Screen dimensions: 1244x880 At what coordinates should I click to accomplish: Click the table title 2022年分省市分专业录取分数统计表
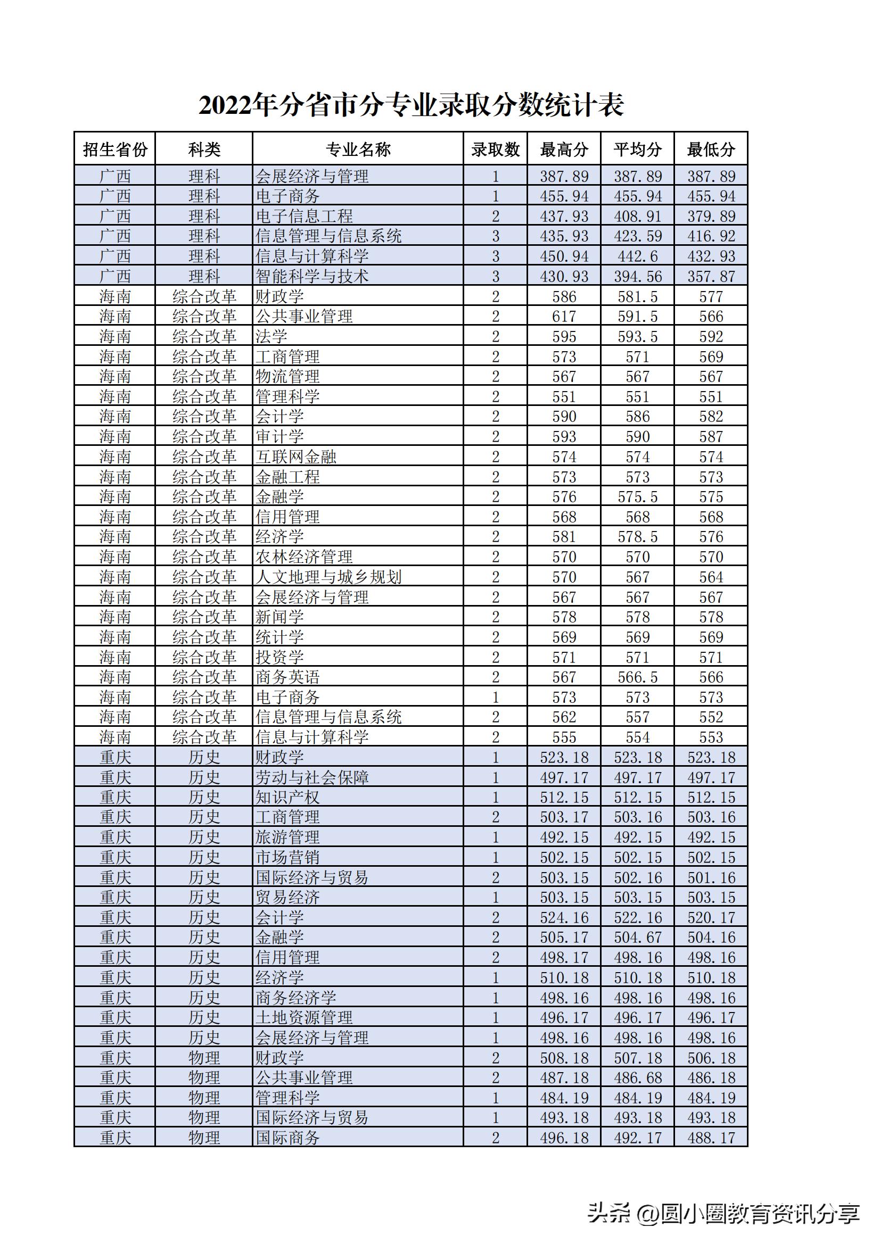pyautogui.click(x=411, y=105)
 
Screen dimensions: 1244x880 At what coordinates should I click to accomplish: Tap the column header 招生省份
pyautogui.click(x=115, y=149)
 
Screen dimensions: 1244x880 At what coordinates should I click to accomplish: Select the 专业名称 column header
pyautogui.click(x=358, y=149)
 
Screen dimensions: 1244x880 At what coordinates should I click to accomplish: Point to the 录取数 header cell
pyautogui.click(x=495, y=149)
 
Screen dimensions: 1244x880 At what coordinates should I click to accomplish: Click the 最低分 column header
pyautogui.click(x=711, y=149)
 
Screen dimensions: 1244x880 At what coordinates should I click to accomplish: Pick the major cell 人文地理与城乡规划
pyautogui.click(x=328, y=577)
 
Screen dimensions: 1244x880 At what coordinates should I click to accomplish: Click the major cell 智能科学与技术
pyautogui.click(x=312, y=276)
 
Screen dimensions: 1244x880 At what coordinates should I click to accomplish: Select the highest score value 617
pyautogui.click(x=564, y=317)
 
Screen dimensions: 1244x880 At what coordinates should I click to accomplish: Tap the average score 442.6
pyautogui.click(x=638, y=256)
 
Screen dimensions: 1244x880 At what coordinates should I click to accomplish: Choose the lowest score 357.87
pyautogui.click(x=711, y=276)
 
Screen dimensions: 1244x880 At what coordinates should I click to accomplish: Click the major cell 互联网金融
pyautogui.click(x=296, y=457)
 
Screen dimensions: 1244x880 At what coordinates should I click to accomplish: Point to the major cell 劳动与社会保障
pyautogui.click(x=312, y=777)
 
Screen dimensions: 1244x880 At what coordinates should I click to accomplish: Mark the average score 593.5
pyautogui.click(x=638, y=336)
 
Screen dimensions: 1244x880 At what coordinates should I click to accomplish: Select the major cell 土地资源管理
pyautogui.click(x=304, y=1017)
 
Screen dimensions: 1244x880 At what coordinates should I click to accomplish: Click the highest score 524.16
pyautogui.click(x=564, y=917)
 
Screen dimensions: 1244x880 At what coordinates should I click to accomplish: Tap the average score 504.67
pyautogui.click(x=638, y=938)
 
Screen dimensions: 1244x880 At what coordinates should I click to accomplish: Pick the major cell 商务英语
pyautogui.click(x=288, y=677)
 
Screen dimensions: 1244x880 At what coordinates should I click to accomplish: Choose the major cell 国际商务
pyautogui.click(x=288, y=1138)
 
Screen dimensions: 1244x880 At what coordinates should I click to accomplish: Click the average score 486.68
pyautogui.click(x=638, y=1077)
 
